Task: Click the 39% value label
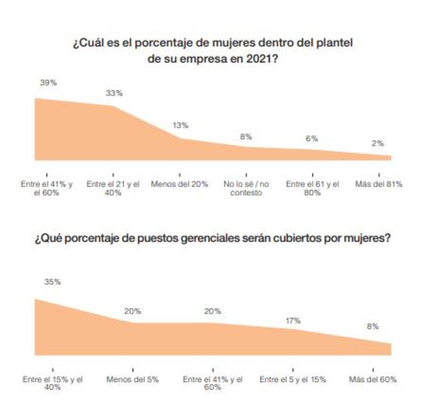point(47,83)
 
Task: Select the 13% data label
point(180,125)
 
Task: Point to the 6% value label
point(312,139)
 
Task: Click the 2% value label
point(377,143)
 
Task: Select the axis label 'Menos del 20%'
point(179,184)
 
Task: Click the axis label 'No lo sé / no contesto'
point(246,189)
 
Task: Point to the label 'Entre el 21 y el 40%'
point(113,189)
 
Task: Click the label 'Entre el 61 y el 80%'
point(312,189)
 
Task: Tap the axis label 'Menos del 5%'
point(133,379)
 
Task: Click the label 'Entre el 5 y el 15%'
point(293,379)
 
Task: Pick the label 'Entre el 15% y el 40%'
point(53,383)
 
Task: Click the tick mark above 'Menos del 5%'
point(133,369)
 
